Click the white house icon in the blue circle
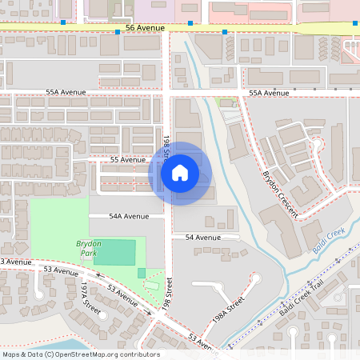tap(180, 173)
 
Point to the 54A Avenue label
tap(130, 216)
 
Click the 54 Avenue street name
tap(202, 238)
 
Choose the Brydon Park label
tap(87, 247)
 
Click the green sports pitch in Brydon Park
tap(114, 253)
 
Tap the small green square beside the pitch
tap(142, 273)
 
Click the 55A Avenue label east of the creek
tap(268, 94)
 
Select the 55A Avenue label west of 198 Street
tap(66, 92)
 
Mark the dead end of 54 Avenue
tap(238, 238)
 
